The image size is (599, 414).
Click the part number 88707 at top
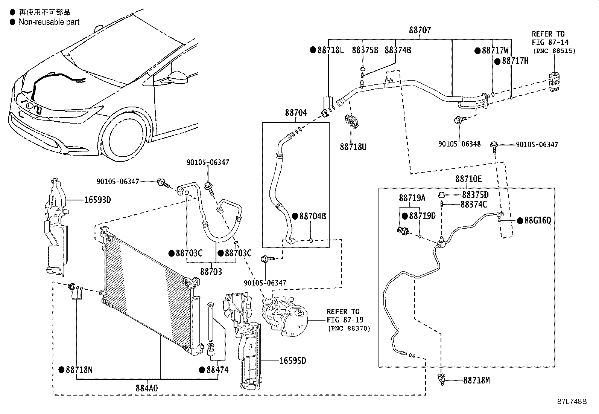pyautogui.click(x=420, y=30)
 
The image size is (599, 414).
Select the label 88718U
pyautogui.click(x=353, y=147)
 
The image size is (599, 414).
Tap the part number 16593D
pyautogui.click(x=97, y=200)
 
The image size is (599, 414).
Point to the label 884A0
pyautogui.click(x=147, y=388)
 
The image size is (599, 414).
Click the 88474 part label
pyautogui.click(x=217, y=370)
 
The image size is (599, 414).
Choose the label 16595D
pyautogui.click(x=293, y=361)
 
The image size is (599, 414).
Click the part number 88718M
pyautogui.click(x=476, y=380)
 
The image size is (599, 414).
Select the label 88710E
pyautogui.click(x=468, y=179)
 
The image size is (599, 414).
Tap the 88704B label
pyautogui.click(x=313, y=216)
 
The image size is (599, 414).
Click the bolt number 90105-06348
pyautogui.click(x=459, y=144)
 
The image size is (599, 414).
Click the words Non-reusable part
pyautogui.click(x=49, y=22)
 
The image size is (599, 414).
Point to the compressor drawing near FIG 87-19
pyautogui.click(x=286, y=315)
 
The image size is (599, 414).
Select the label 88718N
pyautogui.click(x=79, y=370)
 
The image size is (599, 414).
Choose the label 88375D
pyautogui.click(x=475, y=195)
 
